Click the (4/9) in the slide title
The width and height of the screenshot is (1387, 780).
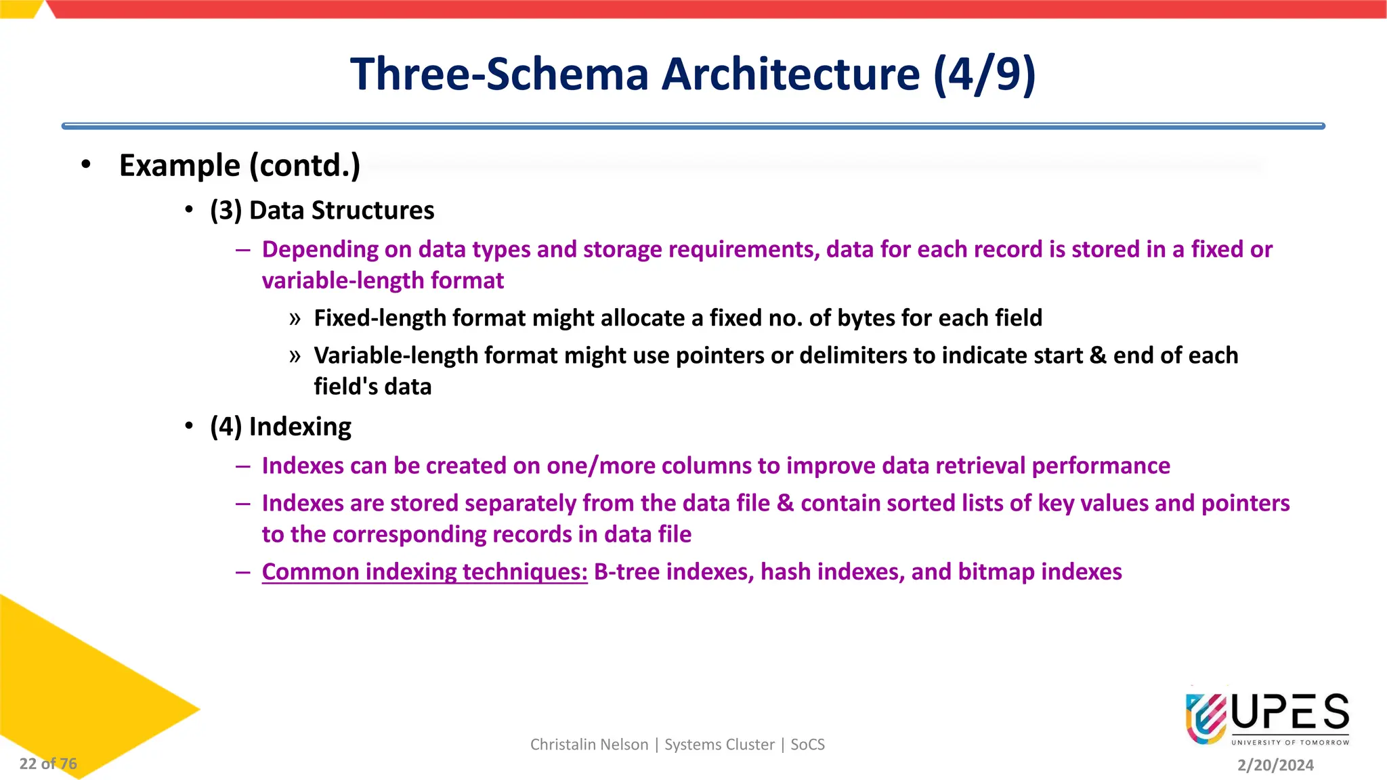984,74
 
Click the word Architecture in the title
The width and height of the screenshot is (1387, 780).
790,74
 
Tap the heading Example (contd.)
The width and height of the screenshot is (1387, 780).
239,165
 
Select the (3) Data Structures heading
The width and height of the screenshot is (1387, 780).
322,211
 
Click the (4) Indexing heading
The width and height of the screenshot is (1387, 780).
280,427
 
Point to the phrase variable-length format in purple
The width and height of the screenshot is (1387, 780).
383,280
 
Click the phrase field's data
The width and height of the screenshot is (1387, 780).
372,387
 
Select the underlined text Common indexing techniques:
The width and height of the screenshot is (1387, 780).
425,572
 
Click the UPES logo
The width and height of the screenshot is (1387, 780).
1266,718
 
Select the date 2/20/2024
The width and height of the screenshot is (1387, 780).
1275,765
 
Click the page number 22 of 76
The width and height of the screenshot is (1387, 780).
48,764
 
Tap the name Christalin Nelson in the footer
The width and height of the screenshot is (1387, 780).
589,745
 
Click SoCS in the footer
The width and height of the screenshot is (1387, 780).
807,745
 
